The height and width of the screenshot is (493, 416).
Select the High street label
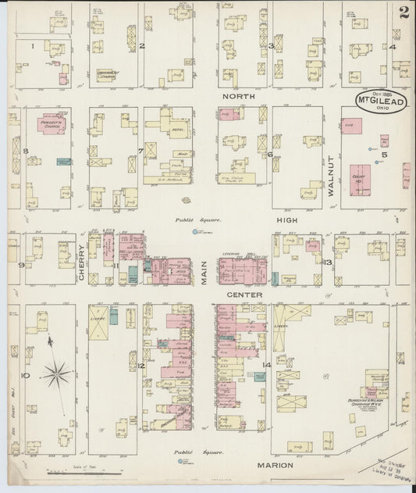(x=289, y=220)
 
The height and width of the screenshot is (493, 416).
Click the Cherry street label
(x=81, y=257)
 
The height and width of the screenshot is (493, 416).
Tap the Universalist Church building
(x=112, y=75)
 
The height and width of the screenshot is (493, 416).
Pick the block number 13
(x=329, y=263)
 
